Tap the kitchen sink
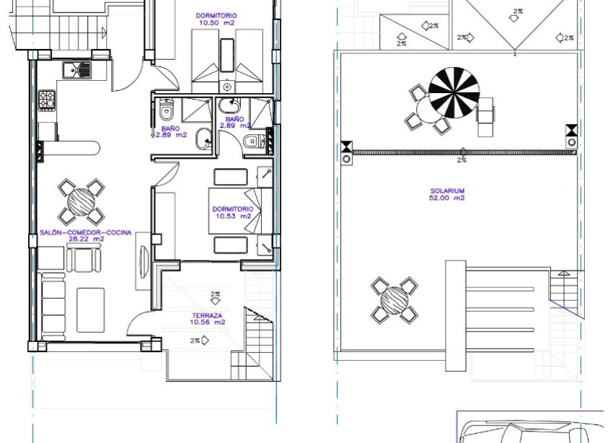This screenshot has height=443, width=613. (x=76, y=70)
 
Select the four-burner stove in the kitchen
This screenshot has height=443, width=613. (x=48, y=100)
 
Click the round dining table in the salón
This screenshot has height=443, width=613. (x=81, y=201)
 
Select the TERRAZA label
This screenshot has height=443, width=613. (x=208, y=315)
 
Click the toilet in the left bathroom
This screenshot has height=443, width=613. (x=167, y=112)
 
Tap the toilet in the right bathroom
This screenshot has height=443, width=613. (x=252, y=141)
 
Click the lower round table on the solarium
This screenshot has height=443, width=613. (x=394, y=299)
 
